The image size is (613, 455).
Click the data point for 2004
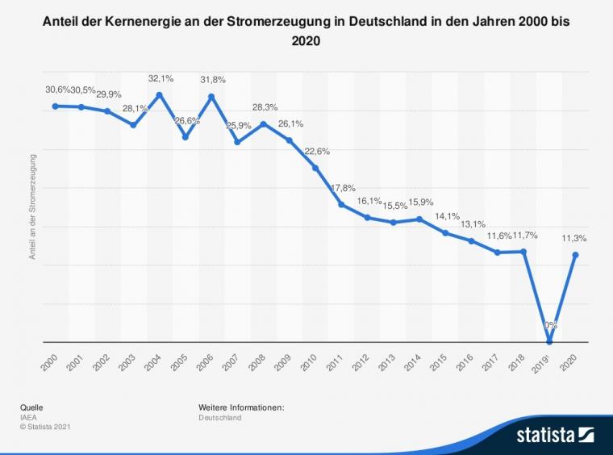(160, 94)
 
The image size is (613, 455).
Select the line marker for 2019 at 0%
(549, 342)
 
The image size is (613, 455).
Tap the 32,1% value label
(160, 78)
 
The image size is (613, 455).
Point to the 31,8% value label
(211, 79)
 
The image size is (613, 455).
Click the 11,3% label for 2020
(574, 238)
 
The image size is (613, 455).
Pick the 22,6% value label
(317, 151)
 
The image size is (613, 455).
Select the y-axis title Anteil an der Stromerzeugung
(33, 208)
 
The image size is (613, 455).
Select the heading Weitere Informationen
(241, 407)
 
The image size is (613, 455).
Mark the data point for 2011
(341, 204)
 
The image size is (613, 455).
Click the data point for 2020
(575, 255)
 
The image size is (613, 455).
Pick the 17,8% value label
(343, 188)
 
